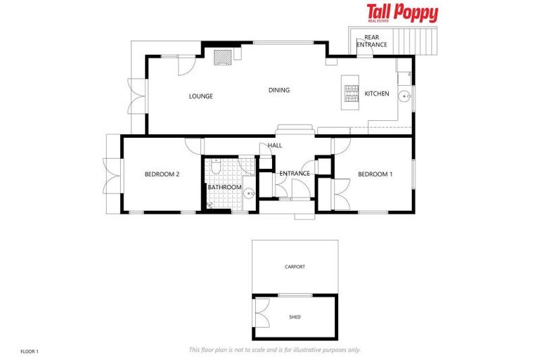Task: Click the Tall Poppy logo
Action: click(x=402, y=14)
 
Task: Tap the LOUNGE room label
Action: click(x=200, y=96)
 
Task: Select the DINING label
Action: click(x=279, y=90)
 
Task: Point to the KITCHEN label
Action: click(x=376, y=94)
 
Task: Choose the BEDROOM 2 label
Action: click(x=162, y=174)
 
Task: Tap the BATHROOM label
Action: click(x=224, y=188)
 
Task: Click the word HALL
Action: click(x=275, y=146)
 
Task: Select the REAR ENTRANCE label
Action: click(x=371, y=41)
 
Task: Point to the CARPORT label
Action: click(x=295, y=267)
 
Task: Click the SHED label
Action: click(x=295, y=317)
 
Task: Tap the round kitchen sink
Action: click(x=404, y=97)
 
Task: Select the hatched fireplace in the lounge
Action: click(x=223, y=56)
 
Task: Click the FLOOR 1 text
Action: click(x=29, y=350)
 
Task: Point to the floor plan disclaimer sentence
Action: click(x=274, y=349)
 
